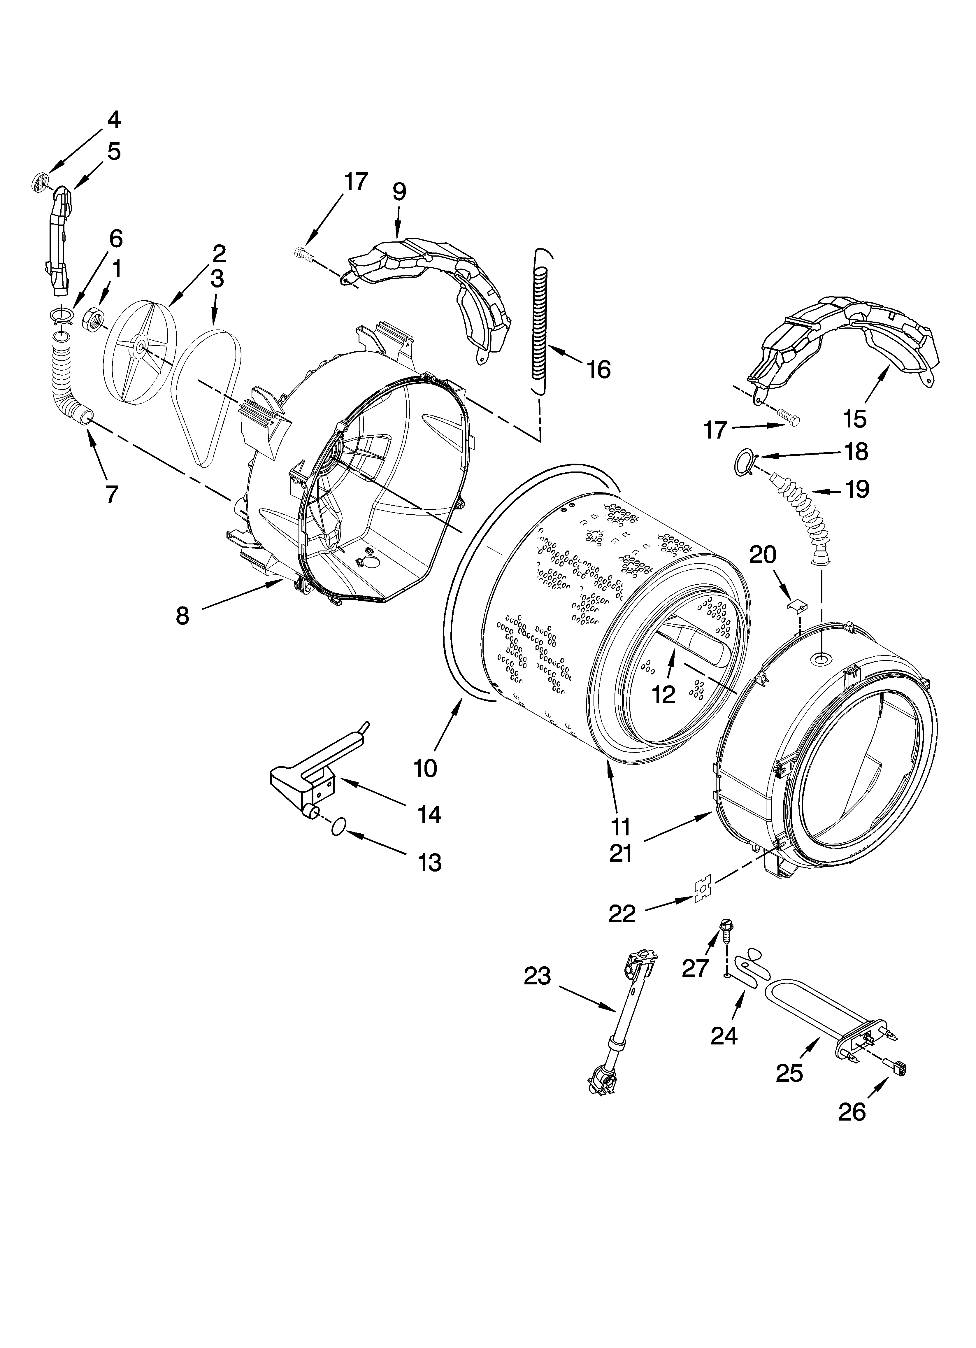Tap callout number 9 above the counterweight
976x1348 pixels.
tap(399, 191)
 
